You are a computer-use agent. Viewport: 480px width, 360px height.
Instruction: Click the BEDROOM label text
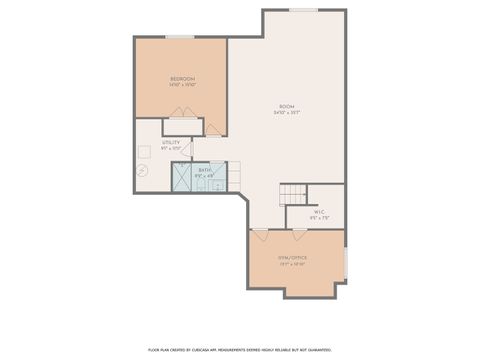pyautogui.click(x=182, y=78)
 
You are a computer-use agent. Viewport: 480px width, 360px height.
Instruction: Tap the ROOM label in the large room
pyautogui.click(x=287, y=106)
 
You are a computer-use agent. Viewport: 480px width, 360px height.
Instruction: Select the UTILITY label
pyautogui.click(x=171, y=142)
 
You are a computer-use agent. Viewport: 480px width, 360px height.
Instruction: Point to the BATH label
pyautogui.click(x=204, y=170)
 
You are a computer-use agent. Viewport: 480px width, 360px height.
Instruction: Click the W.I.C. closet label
pyautogui.click(x=319, y=212)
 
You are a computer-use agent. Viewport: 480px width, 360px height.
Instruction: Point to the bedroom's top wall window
pyautogui.click(x=180, y=38)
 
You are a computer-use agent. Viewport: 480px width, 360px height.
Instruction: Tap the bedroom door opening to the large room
pyautogui.click(x=214, y=129)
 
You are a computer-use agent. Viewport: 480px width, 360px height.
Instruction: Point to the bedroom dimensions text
pyautogui.click(x=182, y=85)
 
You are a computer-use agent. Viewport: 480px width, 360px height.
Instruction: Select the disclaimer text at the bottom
pyautogui.click(x=240, y=349)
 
